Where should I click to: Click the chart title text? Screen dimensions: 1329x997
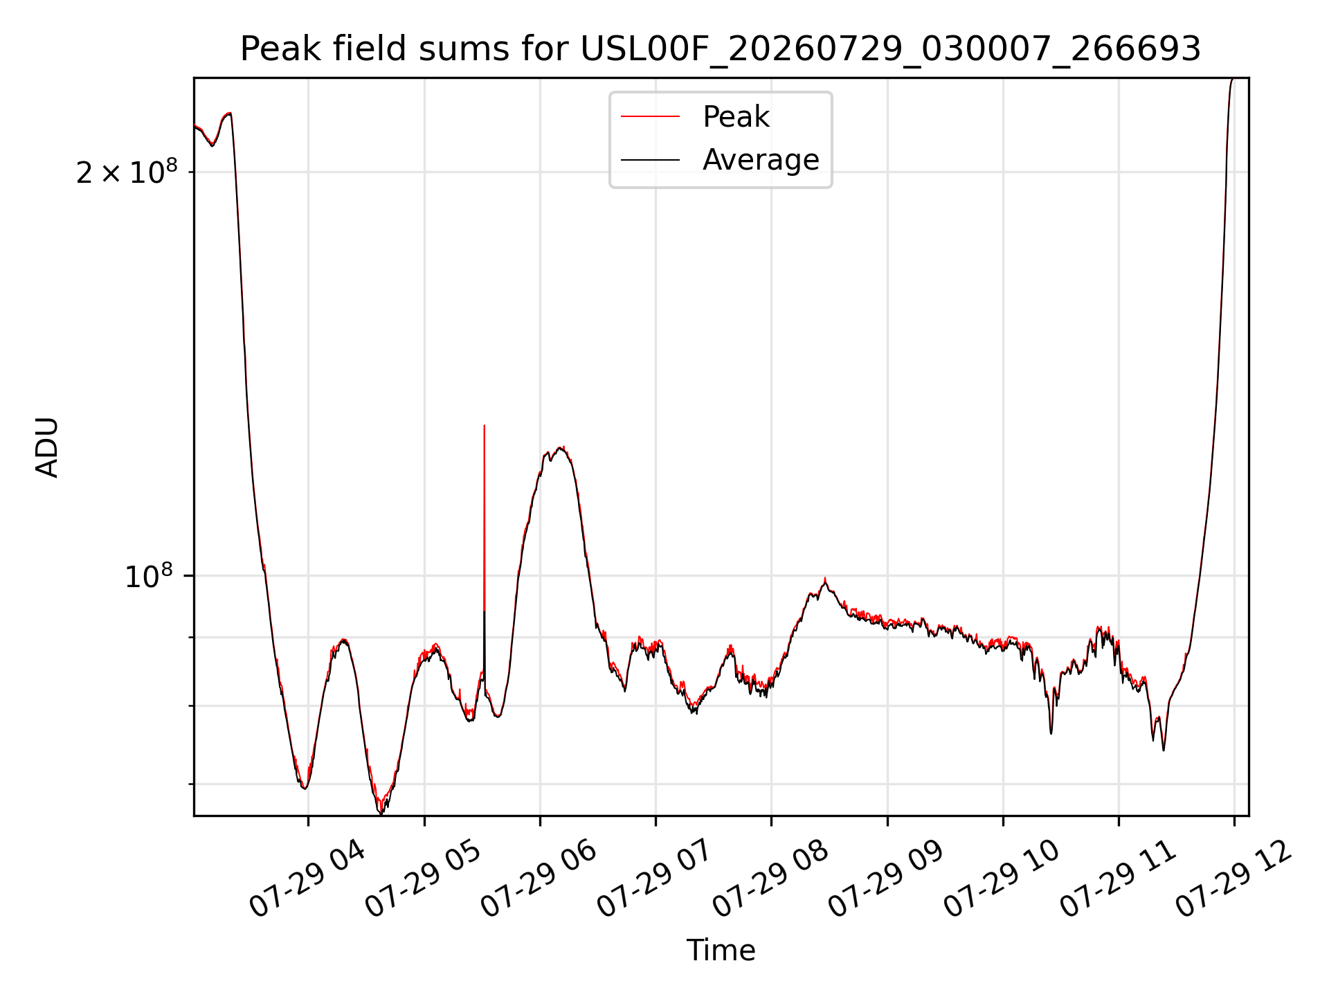pos(721,49)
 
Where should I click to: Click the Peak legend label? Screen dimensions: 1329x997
pos(736,117)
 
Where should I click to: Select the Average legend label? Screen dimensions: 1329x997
pos(761,160)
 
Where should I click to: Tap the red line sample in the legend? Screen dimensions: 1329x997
pos(650,117)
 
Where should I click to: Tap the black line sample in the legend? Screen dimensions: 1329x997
pos(650,160)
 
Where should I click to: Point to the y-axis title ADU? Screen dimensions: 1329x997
pos(47,447)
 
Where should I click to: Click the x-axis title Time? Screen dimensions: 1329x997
pos(721,951)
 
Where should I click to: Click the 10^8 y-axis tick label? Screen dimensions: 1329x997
pos(148,575)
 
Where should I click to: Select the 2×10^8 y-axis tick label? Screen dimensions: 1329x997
pos(126,172)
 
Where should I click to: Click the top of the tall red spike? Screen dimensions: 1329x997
pos(485,425)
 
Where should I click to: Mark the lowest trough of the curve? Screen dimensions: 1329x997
pos(381,813)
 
